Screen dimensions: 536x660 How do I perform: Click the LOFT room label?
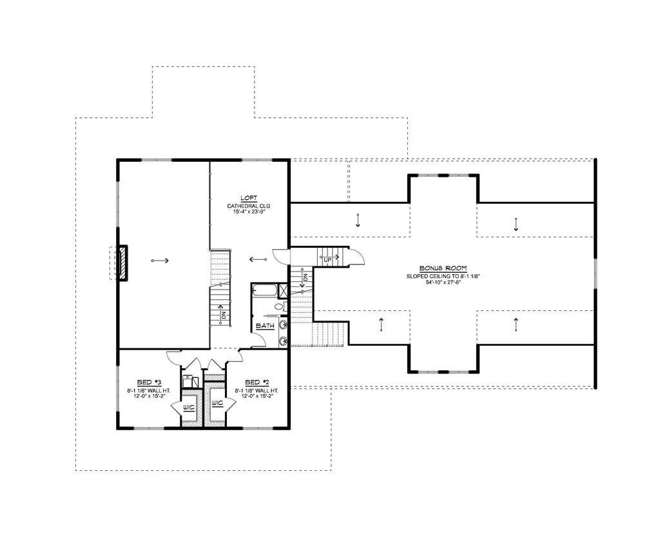249,199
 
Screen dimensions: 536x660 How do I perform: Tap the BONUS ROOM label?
443,268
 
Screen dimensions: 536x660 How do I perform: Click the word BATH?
265,326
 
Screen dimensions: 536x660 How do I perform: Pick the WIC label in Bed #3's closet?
189,408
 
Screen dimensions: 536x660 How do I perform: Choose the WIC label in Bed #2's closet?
217,404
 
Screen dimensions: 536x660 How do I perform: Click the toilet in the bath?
279,307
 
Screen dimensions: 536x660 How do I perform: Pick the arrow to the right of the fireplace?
159,261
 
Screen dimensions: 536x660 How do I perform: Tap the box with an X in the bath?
282,290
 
